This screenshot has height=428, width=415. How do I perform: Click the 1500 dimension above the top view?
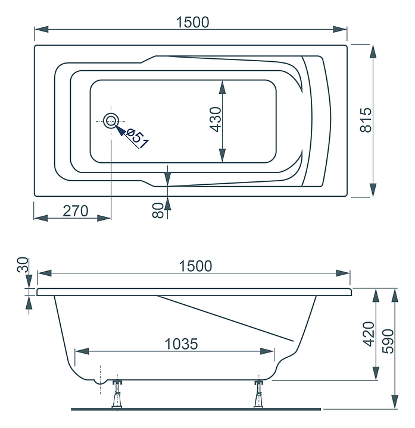[x=192, y=22]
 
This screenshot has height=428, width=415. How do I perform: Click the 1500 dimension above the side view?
[x=195, y=266]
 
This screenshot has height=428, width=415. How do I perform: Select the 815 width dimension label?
[x=366, y=120]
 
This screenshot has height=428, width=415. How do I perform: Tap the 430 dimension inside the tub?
[x=216, y=119]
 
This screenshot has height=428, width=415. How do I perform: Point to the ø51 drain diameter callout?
[x=137, y=139]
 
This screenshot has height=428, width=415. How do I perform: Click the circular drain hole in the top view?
[x=111, y=121]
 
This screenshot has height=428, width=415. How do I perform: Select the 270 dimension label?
[x=76, y=210]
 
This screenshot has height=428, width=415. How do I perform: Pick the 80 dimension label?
[x=158, y=210]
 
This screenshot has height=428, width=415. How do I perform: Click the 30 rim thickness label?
[x=23, y=265]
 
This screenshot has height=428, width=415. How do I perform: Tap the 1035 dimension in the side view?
[x=181, y=344]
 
